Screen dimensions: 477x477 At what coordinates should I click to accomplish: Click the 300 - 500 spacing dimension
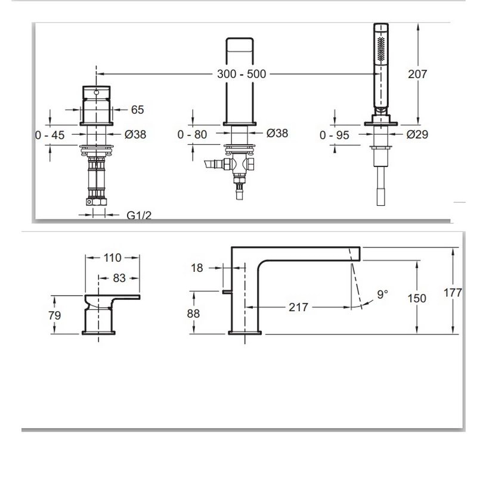tap(241, 74)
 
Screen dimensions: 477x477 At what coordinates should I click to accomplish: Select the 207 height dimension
tap(417, 74)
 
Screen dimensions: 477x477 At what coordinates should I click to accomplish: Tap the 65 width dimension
tap(137, 110)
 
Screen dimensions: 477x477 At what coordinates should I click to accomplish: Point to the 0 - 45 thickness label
tap(50, 135)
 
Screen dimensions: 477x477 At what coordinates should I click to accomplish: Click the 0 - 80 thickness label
tap(192, 135)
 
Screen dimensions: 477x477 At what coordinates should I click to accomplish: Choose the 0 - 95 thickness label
tap(334, 135)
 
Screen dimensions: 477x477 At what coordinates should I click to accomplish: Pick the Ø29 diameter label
tap(417, 134)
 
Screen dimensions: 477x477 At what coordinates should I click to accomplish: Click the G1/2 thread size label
tap(139, 215)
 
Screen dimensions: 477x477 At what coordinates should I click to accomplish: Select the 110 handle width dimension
tap(112, 258)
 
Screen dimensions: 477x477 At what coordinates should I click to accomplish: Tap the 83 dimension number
tap(119, 278)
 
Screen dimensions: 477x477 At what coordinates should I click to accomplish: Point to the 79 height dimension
tap(55, 315)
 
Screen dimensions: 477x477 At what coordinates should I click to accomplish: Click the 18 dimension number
tap(197, 268)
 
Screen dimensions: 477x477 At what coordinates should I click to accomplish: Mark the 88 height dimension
tap(193, 314)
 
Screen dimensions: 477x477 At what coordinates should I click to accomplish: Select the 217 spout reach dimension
tap(299, 307)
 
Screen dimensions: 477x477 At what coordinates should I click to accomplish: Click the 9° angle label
tap(382, 294)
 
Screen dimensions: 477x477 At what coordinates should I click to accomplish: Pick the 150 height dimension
tap(417, 299)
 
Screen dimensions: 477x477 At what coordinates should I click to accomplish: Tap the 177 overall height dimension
tap(453, 293)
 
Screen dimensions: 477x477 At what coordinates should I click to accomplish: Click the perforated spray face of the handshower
tap(381, 49)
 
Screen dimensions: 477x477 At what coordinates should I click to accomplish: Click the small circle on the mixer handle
tap(97, 92)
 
